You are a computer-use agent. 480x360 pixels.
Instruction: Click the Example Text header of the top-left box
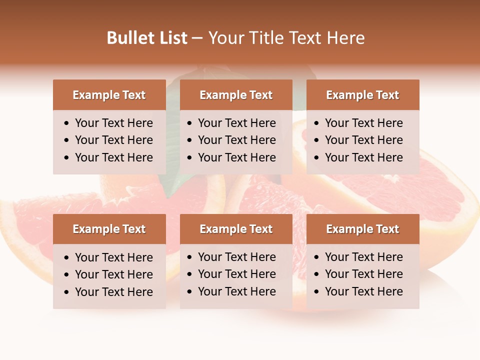[109, 95]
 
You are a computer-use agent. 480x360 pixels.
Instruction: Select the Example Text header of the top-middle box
[236, 95]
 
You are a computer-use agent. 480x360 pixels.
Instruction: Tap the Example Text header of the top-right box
[362, 95]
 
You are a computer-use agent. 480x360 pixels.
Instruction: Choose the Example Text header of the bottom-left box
[109, 229]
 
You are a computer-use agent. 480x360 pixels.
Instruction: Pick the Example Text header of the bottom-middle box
[236, 229]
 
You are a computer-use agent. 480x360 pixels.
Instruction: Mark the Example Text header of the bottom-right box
[362, 229]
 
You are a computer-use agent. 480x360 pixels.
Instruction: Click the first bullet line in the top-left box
[113, 123]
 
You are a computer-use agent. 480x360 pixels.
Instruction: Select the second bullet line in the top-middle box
[236, 140]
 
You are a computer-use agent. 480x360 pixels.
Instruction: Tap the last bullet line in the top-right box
[363, 157]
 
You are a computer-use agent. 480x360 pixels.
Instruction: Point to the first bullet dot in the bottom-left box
[67, 258]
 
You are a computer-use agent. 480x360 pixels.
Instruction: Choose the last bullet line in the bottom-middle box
[236, 291]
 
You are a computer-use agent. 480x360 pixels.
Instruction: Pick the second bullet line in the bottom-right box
[363, 274]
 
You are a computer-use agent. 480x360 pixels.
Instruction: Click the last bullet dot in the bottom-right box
[317, 292]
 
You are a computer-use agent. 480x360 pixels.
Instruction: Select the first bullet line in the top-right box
[363, 123]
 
